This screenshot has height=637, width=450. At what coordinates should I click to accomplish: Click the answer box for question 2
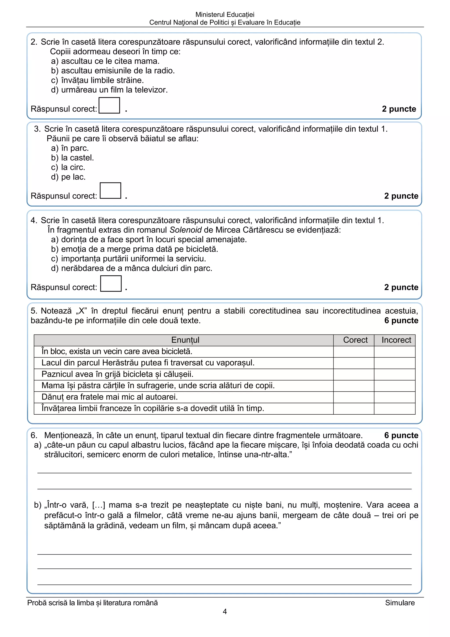click(x=109, y=105)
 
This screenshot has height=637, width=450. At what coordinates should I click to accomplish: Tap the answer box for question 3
click(x=110, y=191)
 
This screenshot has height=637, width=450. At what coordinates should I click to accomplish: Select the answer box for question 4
click(x=111, y=284)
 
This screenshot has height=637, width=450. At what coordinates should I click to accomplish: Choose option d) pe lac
click(x=68, y=177)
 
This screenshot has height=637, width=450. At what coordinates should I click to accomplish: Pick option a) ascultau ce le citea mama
click(x=105, y=61)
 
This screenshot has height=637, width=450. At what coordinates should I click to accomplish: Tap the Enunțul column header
click(x=185, y=340)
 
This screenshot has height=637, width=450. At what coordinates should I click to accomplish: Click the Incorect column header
click(x=396, y=340)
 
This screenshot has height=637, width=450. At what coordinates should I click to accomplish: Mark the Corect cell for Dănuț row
click(x=353, y=397)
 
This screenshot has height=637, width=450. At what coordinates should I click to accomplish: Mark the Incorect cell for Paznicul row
click(x=394, y=374)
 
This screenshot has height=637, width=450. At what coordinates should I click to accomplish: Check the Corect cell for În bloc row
click(x=353, y=351)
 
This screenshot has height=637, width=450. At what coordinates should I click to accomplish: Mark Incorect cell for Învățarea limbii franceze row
click(x=394, y=408)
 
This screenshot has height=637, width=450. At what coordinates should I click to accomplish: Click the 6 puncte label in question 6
click(x=401, y=435)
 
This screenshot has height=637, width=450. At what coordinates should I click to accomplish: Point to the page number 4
click(x=225, y=611)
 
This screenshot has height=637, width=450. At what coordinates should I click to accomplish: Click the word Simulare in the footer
click(x=399, y=603)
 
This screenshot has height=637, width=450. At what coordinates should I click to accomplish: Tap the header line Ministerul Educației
click(x=225, y=15)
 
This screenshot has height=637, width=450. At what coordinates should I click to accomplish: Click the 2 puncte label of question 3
click(x=401, y=196)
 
